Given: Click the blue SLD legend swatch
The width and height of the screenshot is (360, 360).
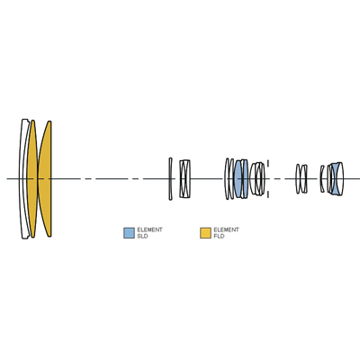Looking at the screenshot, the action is pyautogui.click(x=129, y=233).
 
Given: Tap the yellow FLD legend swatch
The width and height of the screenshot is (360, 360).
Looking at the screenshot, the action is pyautogui.click(x=205, y=233).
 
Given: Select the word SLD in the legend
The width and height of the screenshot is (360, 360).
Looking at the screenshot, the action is pyautogui.click(x=142, y=237).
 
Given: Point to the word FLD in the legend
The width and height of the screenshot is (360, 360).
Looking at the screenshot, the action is pyautogui.click(x=219, y=237).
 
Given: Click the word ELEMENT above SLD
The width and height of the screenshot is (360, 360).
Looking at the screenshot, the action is pyautogui.click(x=149, y=229).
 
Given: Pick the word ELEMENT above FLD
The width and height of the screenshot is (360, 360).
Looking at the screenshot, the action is pyautogui.click(x=226, y=229).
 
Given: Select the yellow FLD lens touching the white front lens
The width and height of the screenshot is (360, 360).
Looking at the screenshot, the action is pyautogui.click(x=32, y=179).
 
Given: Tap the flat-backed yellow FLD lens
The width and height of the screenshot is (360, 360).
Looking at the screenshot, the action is pyautogui.click(x=46, y=179).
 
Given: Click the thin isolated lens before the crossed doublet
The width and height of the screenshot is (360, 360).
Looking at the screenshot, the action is pyautogui.click(x=170, y=179).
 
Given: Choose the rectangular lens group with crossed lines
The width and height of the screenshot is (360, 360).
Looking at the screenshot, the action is pyautogui.click(x=184, y=179).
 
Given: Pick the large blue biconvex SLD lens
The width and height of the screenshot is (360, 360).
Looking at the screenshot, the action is pyautogui.click(x=238, y=179).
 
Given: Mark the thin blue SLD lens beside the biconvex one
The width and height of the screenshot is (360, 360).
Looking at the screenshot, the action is pyautogui.click(x=246, y=179).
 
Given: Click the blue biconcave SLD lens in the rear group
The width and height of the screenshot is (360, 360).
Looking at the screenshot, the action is pyautogui.click(x=336, y=179).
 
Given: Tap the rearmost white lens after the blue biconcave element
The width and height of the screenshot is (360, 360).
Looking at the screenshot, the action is pyautogui.click(x=340, y=179).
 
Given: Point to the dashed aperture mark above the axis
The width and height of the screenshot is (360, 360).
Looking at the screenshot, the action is pyautogui.click(x=268, y=165).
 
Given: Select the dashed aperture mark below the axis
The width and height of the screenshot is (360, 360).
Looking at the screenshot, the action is pyautogui.click(x=268, y=193).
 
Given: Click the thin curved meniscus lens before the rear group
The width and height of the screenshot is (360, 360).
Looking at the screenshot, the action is pyautogui.click(x=321, y=179).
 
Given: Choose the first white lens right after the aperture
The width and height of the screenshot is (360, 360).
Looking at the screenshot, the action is pyautogui.click(x=298, y=179).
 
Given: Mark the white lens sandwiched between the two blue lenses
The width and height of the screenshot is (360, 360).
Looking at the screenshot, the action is pyautogui.click(x=242, y=179).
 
